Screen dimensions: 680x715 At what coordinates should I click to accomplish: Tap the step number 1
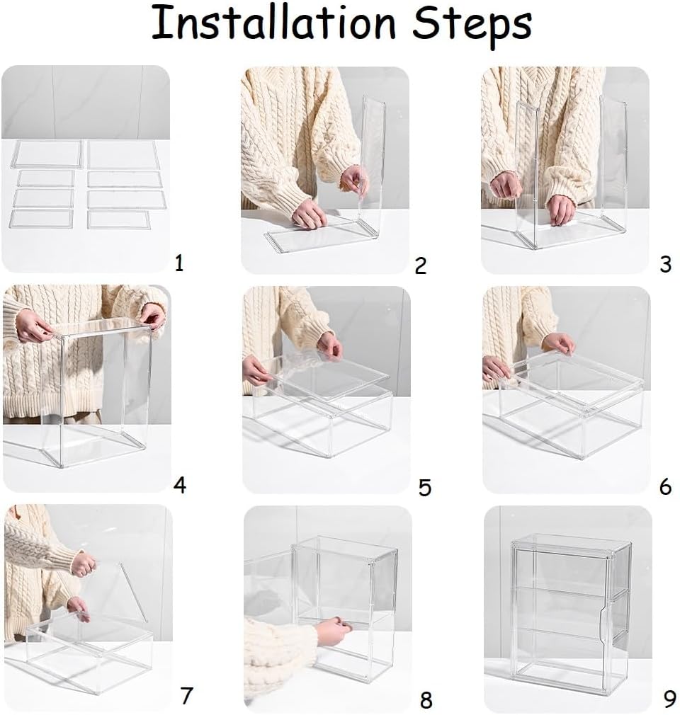(x=179, y=263)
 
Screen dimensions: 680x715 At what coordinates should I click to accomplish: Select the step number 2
(x=420, y=266)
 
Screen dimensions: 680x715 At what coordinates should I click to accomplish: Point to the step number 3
(x=666, y=265)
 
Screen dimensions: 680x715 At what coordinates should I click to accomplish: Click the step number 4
(x=180, y=485)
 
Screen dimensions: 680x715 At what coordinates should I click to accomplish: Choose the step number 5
(x=425, y=488)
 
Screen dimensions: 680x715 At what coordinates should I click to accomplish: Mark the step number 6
(x=666, y=487)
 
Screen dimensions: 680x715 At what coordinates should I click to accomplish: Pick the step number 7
(x=186, y=696)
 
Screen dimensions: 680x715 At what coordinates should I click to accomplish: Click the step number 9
(x=669, y=699)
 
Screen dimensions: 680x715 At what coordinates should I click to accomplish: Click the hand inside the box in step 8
(x=333, y=630)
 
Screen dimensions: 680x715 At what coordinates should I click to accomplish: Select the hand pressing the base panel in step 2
(x=310, y=213)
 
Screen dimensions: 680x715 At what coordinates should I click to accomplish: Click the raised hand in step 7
(x=84, y=564)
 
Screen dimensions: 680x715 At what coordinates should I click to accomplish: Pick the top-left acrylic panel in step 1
(x=46, y=154)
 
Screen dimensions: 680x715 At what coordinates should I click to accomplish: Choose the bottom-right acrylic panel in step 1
(x=119, y=219)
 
